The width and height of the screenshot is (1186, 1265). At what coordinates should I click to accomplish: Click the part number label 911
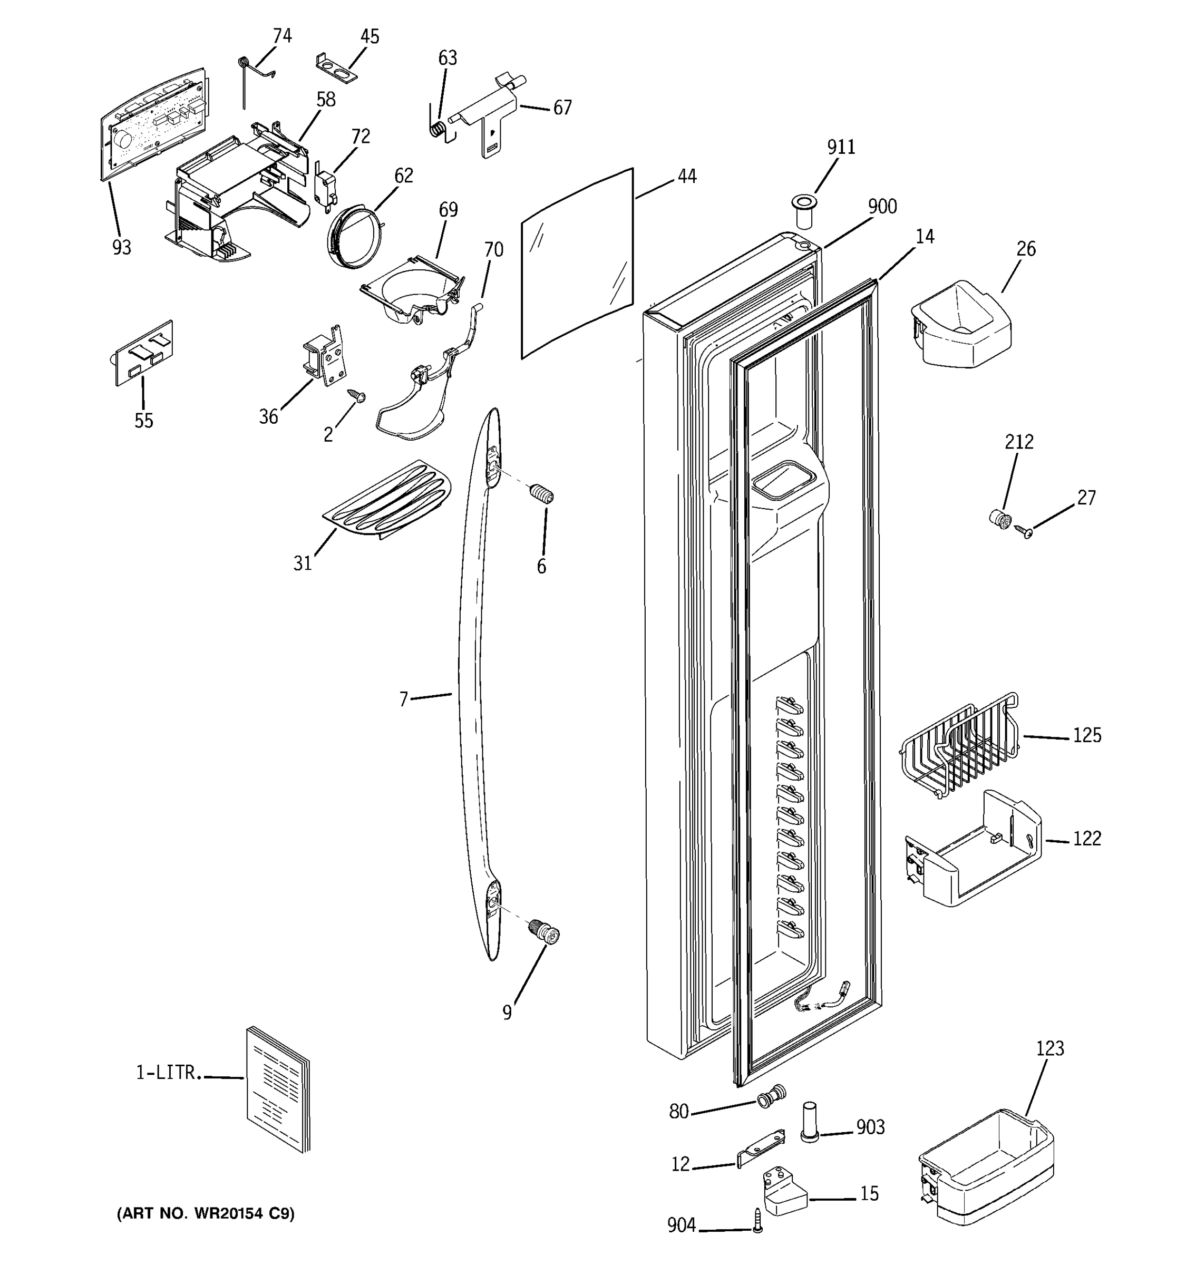(x=841, y=147)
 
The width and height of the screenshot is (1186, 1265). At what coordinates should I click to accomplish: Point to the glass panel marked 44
(x=578, y=264)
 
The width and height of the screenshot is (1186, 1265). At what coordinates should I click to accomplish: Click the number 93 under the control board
(x=122, y=248)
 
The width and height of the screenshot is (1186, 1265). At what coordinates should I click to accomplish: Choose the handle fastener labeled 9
(x=545, y=934)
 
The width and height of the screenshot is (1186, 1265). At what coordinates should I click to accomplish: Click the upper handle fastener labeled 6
(x=542, y=494)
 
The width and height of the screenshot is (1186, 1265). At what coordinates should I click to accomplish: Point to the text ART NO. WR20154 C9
(x=206, y=1213)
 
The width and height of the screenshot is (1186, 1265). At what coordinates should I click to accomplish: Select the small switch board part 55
(x=144, y=353)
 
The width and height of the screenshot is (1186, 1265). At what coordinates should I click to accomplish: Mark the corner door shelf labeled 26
(x=961, y=325)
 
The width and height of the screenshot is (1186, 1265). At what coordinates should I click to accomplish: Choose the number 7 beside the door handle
(x=403, y=699)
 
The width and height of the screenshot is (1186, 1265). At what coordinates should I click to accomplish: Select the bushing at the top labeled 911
(x=804, y=211)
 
